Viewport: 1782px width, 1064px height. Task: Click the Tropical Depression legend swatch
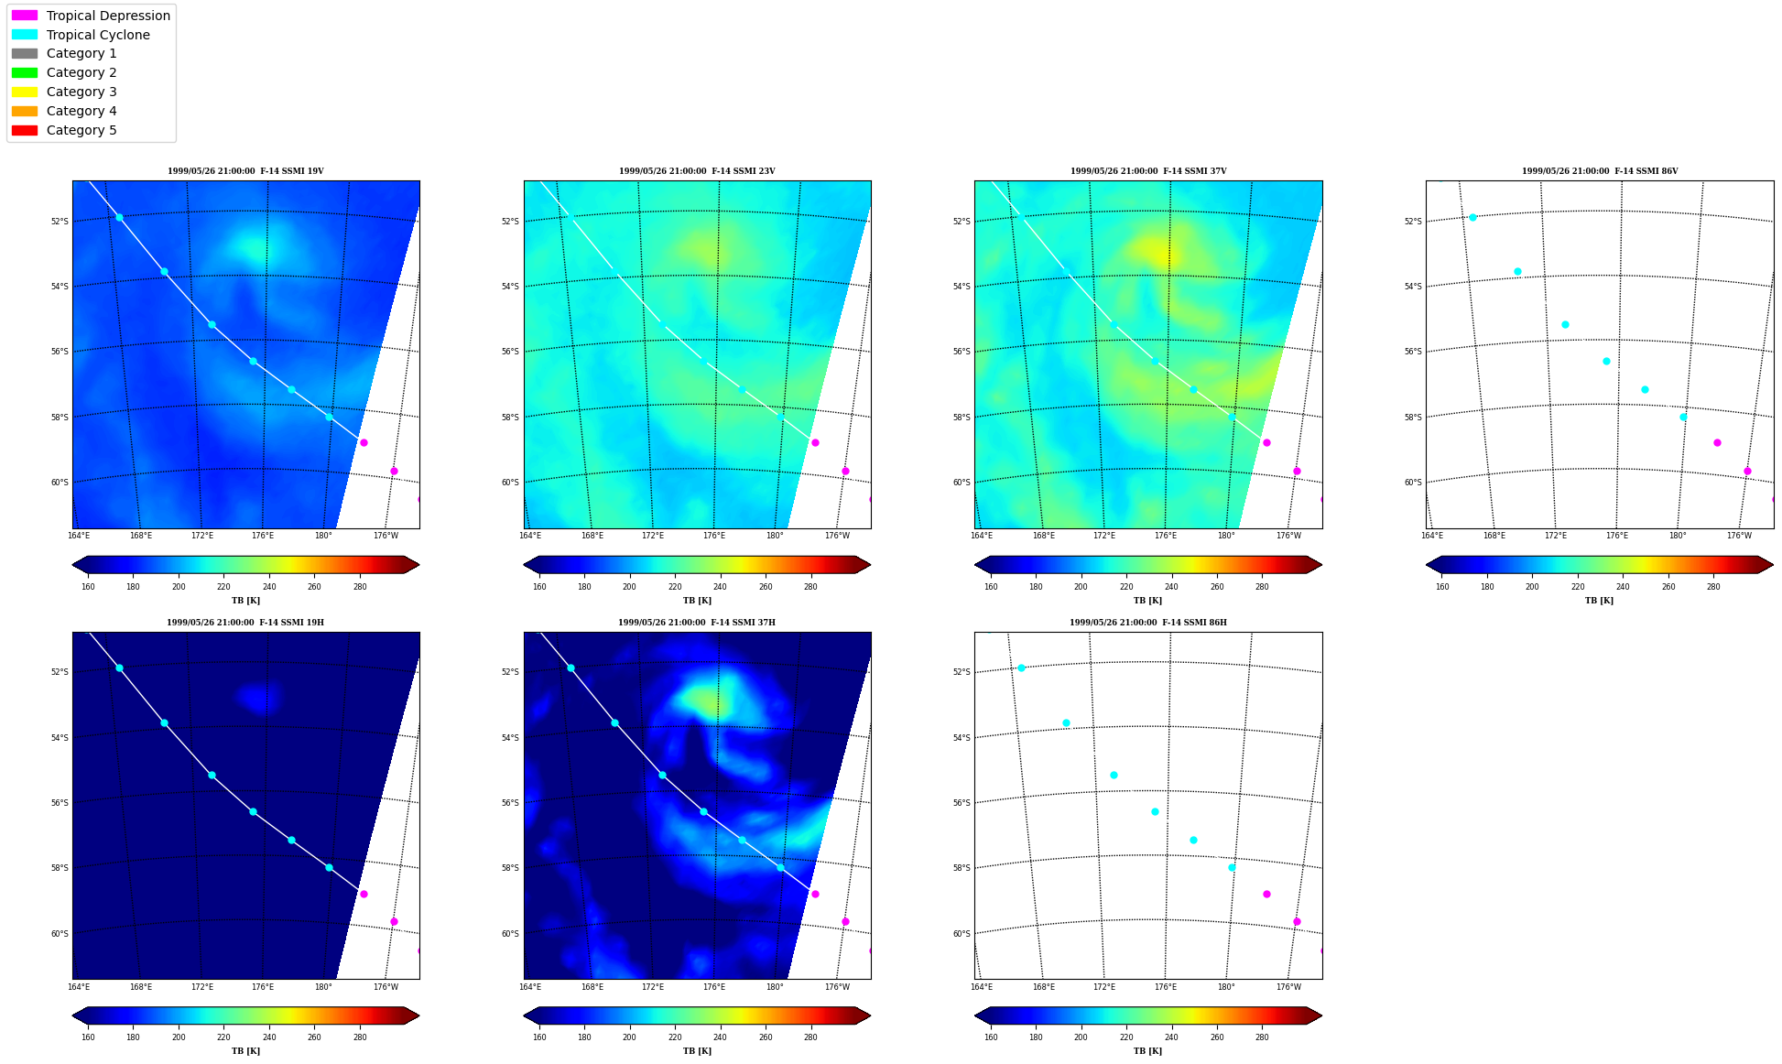tap(25, 16)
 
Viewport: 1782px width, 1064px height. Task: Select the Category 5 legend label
tap(81, 130)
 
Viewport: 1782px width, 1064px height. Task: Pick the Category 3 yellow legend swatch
tap(25, 92)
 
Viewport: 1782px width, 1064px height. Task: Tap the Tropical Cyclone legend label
tap(98, 35)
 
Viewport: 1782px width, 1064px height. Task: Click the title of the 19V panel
tap(245, 171)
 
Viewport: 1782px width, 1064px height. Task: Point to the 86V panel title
tap(1600, 171)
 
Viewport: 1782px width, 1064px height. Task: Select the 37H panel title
tap(697, 623)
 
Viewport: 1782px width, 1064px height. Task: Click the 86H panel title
tap(1148, 623)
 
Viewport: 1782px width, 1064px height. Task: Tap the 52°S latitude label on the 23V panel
tap(510, 222)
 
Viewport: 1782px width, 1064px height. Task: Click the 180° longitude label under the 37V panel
tap(1226, 536)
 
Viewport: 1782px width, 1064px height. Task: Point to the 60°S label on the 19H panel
tap(59, 934)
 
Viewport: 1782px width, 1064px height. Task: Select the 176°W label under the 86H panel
tap(1288, 987)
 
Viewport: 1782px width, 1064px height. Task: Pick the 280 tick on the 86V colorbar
tap(1713, 587)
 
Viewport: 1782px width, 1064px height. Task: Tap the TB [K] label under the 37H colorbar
tap(697, 1051)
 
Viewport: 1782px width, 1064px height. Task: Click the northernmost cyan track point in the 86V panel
tap(1472, 217)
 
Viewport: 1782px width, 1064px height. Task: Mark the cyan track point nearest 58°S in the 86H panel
tap(1232, 867)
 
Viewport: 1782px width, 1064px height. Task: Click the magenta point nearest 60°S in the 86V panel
tap(1747, 471)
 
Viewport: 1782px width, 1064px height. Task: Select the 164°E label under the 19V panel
tap(79, 536)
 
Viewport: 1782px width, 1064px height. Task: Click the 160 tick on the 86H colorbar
tap(991, 1037)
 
